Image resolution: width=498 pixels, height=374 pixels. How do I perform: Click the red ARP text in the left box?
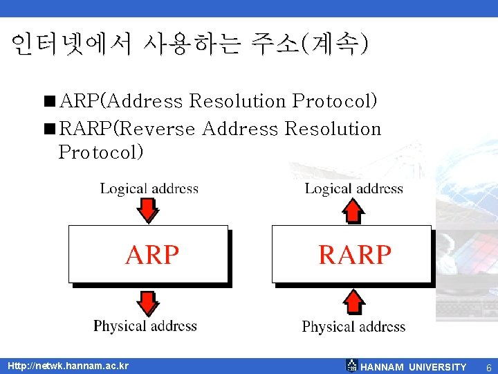click(152, 254)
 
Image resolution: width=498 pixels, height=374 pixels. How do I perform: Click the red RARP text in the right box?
click(354, 254)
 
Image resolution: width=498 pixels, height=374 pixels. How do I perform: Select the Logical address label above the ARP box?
click(149, 188)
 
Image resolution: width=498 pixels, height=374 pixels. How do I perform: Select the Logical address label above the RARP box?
click(353, 188)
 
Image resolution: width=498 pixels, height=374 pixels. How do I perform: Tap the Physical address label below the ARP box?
click(145, 326)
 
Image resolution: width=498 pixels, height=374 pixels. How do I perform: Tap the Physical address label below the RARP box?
click(353, 326)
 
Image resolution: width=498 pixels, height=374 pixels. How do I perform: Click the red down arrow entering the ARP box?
click(148, 210)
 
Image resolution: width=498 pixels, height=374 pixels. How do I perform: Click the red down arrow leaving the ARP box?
click(147, 302)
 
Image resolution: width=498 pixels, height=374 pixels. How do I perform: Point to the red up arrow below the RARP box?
click(354, 302)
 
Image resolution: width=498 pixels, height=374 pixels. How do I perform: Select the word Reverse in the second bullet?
click(161, 129)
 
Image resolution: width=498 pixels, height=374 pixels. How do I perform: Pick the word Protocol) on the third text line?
click(101, 151)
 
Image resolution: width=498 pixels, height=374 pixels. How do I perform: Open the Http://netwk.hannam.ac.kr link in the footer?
click(68, 366)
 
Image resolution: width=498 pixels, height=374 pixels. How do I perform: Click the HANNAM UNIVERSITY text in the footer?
click(414, 366)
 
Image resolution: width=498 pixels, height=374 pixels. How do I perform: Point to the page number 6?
click(488, 366)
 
